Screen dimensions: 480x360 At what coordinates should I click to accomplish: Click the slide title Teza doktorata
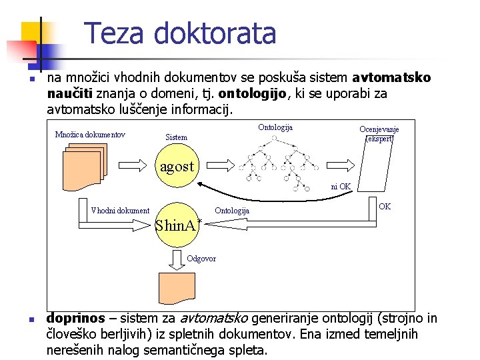coord(180,33)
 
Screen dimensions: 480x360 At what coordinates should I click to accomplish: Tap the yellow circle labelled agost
coord(177,166)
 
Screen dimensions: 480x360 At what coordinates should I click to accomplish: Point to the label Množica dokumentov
coord(90,135)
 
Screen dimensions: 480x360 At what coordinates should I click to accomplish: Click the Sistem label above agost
coord(177,137)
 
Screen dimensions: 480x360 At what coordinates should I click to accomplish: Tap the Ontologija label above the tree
coord(275,127)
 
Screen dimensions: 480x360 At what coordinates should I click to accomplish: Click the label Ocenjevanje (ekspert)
coord(379,134)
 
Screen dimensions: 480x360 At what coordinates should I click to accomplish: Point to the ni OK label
coord(341,187)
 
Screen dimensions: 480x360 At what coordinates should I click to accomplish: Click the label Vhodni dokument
coord(120,211)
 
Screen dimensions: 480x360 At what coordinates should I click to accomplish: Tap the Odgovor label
coord(201,259)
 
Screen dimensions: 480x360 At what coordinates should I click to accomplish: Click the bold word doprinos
coord(76,318)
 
